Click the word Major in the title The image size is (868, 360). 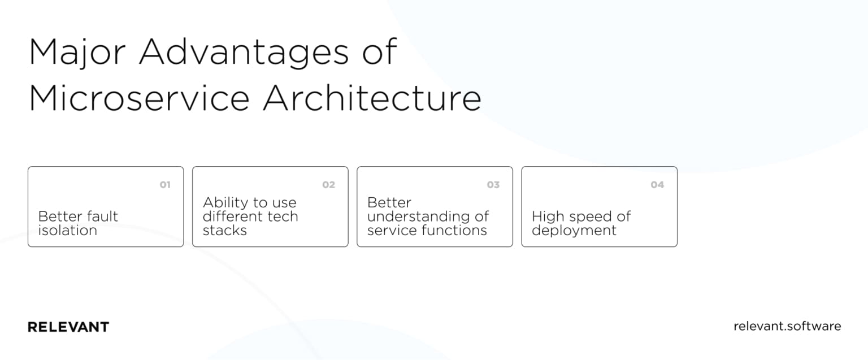pyautogui.click(x=77, y=53)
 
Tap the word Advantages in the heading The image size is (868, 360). pyautogui.click(x=244, y=53)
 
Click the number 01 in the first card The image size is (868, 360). pyautogui.click(x=165, y=185)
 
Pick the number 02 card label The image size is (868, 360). pyautogui.click(x=328, y=185)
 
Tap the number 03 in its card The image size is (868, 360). pyautogui.click(x=493, y=185)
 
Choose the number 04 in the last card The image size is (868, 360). pyautogui.click(x=657, y=185)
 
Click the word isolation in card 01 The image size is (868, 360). pyautogui.click(x=67, y=230)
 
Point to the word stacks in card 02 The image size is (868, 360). pyautogui.click(x=225, y=230)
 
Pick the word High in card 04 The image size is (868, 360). pyautogui.click(x=548, y=216)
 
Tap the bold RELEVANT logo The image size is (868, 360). pyautogui.click(x=68, y=327)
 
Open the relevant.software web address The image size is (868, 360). pyautogui.click(x=787, y=326)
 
